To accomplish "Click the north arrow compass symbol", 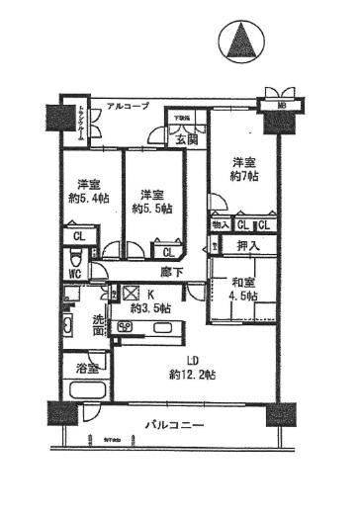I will (240, 42).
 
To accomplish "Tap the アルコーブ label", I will (129, 103).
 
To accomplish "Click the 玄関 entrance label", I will (187, 139).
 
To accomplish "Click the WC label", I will (74, 274).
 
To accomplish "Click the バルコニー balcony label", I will (176, 426).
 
